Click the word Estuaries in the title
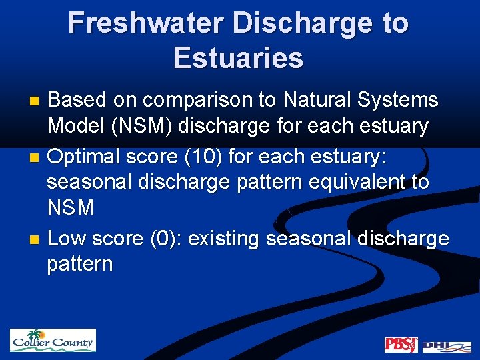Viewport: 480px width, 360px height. click(x=238, y=58)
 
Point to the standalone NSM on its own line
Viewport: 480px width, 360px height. click(x=71, y=208)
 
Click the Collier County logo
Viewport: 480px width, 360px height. click(x=53, y=341)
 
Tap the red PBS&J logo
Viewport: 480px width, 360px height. click(x=401, y=345)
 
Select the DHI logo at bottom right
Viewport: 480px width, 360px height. click(x=445, y=345)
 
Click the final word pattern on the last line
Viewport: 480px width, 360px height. click(x=79, y=265)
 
